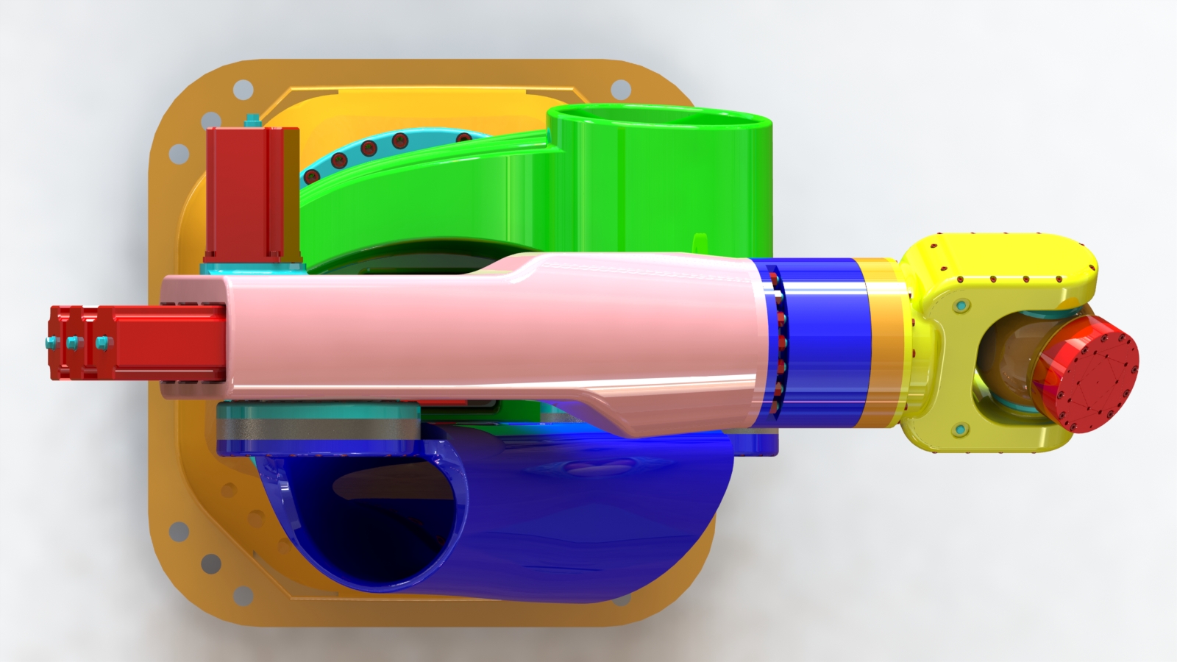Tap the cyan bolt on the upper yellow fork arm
click(961, 305)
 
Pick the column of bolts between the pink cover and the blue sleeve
click(777, 342)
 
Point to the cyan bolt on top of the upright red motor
click(253, 120)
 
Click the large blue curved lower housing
click(588, 515)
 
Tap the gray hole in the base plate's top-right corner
click(622, 90)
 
